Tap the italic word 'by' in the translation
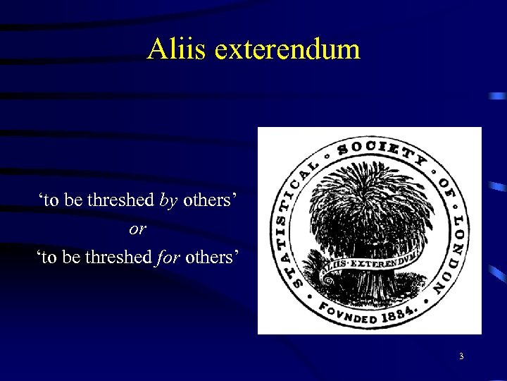coord(168,200)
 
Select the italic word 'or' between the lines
coord(137,229)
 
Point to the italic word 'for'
coord(167,257)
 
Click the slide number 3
coord(461,356)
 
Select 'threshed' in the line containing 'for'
coord(118,257)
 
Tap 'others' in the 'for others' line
coord(211,257)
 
